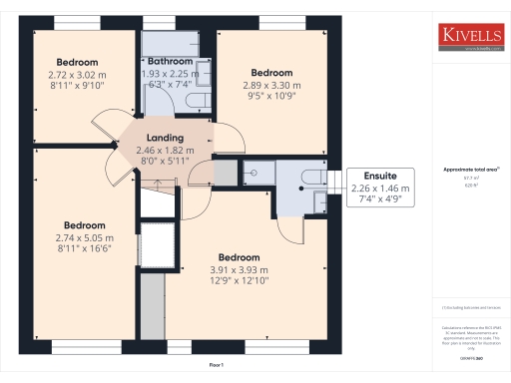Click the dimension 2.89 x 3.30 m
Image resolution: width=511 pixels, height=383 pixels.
[271, 86]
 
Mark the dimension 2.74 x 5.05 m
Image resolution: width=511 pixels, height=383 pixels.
[85, 237]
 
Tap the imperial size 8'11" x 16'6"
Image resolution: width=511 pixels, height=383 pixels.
[85, 250]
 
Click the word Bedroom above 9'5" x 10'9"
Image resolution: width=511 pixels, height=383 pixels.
[271, 73]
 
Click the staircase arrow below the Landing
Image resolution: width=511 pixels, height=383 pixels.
[157, 183]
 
